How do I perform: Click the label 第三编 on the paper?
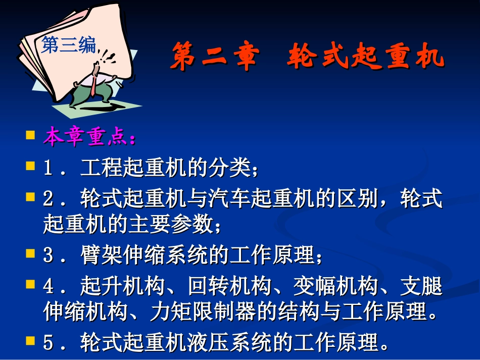pyautogui.click(x=68, y=45)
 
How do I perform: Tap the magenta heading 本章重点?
pyautogui.click(x=88, y=137)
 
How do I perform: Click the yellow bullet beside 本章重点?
pyautogui.click(x=30, y=136)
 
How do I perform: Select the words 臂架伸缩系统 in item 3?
pyautogui.click(x=144, y=256)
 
